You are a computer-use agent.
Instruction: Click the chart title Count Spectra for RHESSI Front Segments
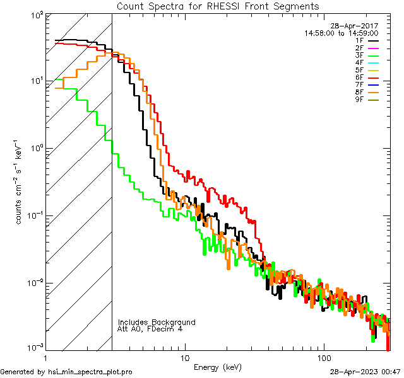click(x=218, y=6)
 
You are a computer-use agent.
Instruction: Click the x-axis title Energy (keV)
click(x=218, y=367)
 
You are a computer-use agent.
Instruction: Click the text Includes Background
click(x=157, y=323)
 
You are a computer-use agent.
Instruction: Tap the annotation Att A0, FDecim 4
click(x=150, y=329)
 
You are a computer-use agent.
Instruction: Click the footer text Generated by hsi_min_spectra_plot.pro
click(x=66, y=372)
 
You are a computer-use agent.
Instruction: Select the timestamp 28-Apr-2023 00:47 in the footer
click(x=364, y=372)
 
